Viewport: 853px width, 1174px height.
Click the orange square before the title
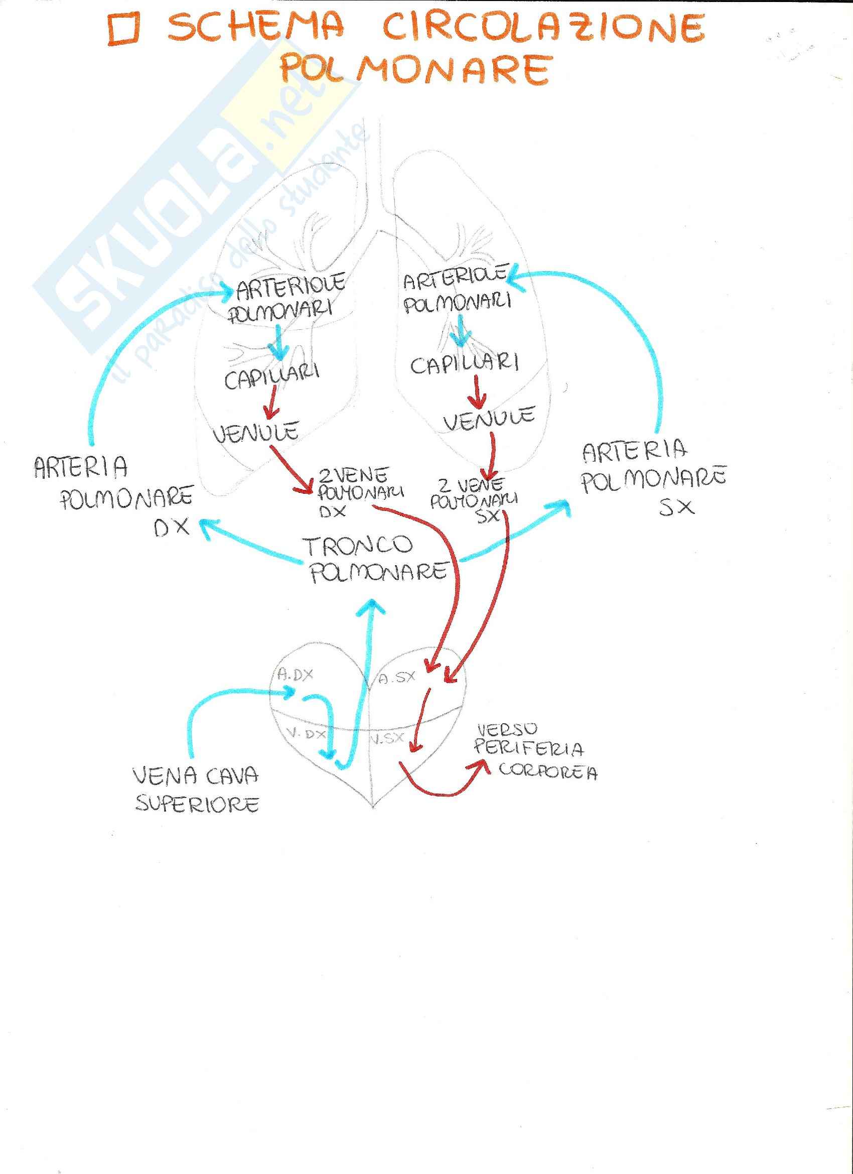pos(124,30)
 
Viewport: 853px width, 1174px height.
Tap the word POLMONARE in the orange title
pos(414,69)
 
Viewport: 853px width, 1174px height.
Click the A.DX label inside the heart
pos(295,675)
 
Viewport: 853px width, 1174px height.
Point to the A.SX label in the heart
pos(396,678)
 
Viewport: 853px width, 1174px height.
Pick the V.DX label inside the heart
pos(306,733)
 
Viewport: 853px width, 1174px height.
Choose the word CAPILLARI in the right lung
pos(464,364)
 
